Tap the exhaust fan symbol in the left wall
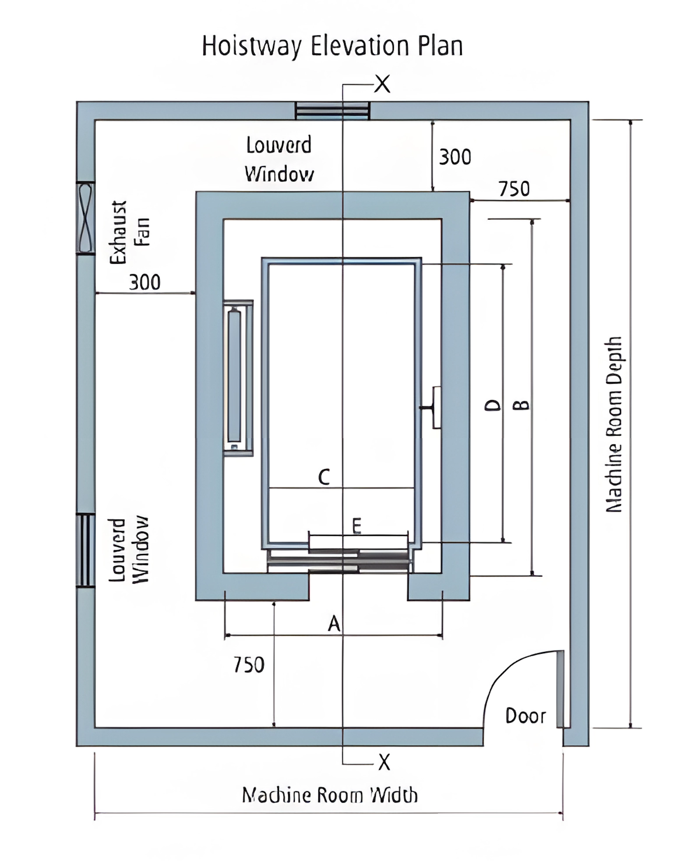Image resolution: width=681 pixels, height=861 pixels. [x=85, y=218]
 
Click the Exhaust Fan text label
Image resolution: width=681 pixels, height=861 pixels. [x=130, y=232]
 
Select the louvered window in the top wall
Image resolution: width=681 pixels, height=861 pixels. [x=332, y=110]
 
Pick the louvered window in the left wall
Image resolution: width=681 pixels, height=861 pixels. [x=85, y=550]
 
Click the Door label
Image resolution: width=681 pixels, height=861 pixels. [x=526, y=716]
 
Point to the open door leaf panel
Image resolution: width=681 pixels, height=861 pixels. [x=560, y=689]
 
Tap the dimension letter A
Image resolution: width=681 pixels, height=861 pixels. [x=334, y=623]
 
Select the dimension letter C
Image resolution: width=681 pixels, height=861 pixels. [x=324, y=477]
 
